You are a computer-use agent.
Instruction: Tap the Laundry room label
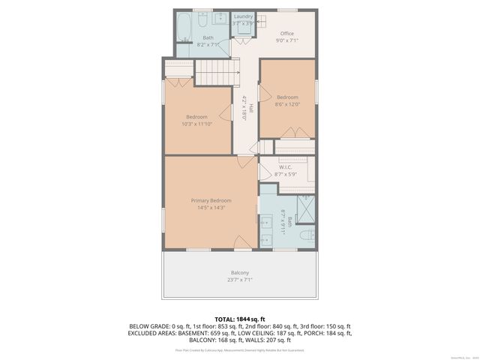tap(243, 16)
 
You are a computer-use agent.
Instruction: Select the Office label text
tap(287, 34)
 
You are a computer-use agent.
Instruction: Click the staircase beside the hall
tap(211, 72)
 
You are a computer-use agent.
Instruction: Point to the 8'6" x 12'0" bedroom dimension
tap(287, 104)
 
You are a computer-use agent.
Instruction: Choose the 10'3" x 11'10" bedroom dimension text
tap(197, 124)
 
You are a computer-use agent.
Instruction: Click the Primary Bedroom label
tap(211, 200)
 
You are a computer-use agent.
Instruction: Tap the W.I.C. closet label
tap(285, 167)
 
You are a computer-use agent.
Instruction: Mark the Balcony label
tap(239, 272)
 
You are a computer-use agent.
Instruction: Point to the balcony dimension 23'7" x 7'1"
tap(239, 279)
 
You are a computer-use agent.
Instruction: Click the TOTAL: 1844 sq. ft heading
tap(240, 319)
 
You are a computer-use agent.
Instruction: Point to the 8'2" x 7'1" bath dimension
tap(207, 44)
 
